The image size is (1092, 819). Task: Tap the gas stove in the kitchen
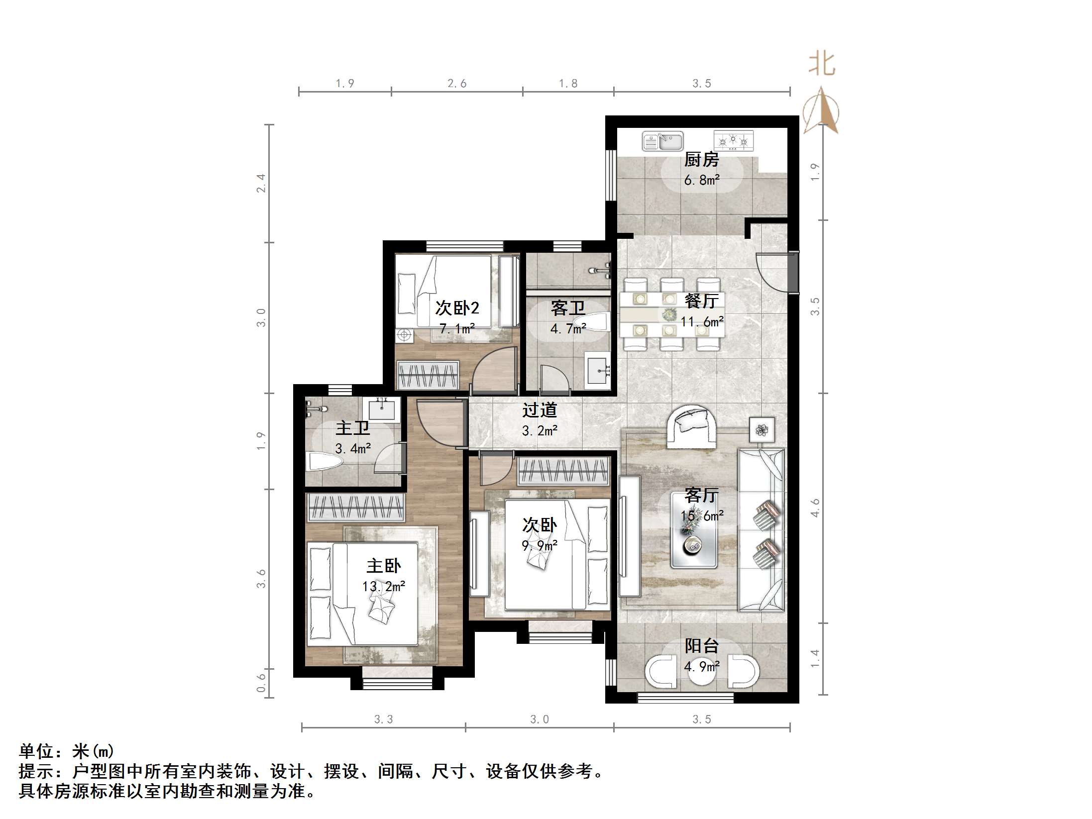[733, 141]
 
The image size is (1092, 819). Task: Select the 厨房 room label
[701, 160]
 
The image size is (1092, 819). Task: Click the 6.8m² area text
[701, 180]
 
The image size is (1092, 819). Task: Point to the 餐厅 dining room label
[701, 301]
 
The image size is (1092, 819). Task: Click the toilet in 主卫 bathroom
[323, 461]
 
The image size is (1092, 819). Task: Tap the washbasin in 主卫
[382, 409]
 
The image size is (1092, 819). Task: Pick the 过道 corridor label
[540, 410]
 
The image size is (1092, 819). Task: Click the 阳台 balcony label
[701, 646]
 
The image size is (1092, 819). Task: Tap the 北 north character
[821, 65]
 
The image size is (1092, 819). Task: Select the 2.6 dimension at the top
[457, 83]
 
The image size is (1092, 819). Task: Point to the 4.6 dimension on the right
[815, 508]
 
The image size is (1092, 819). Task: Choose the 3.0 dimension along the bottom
[540, 719]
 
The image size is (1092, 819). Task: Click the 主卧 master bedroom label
[384, 566]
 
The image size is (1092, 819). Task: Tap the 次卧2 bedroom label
[457, 308]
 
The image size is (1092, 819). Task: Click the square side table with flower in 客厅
[762, 429]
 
